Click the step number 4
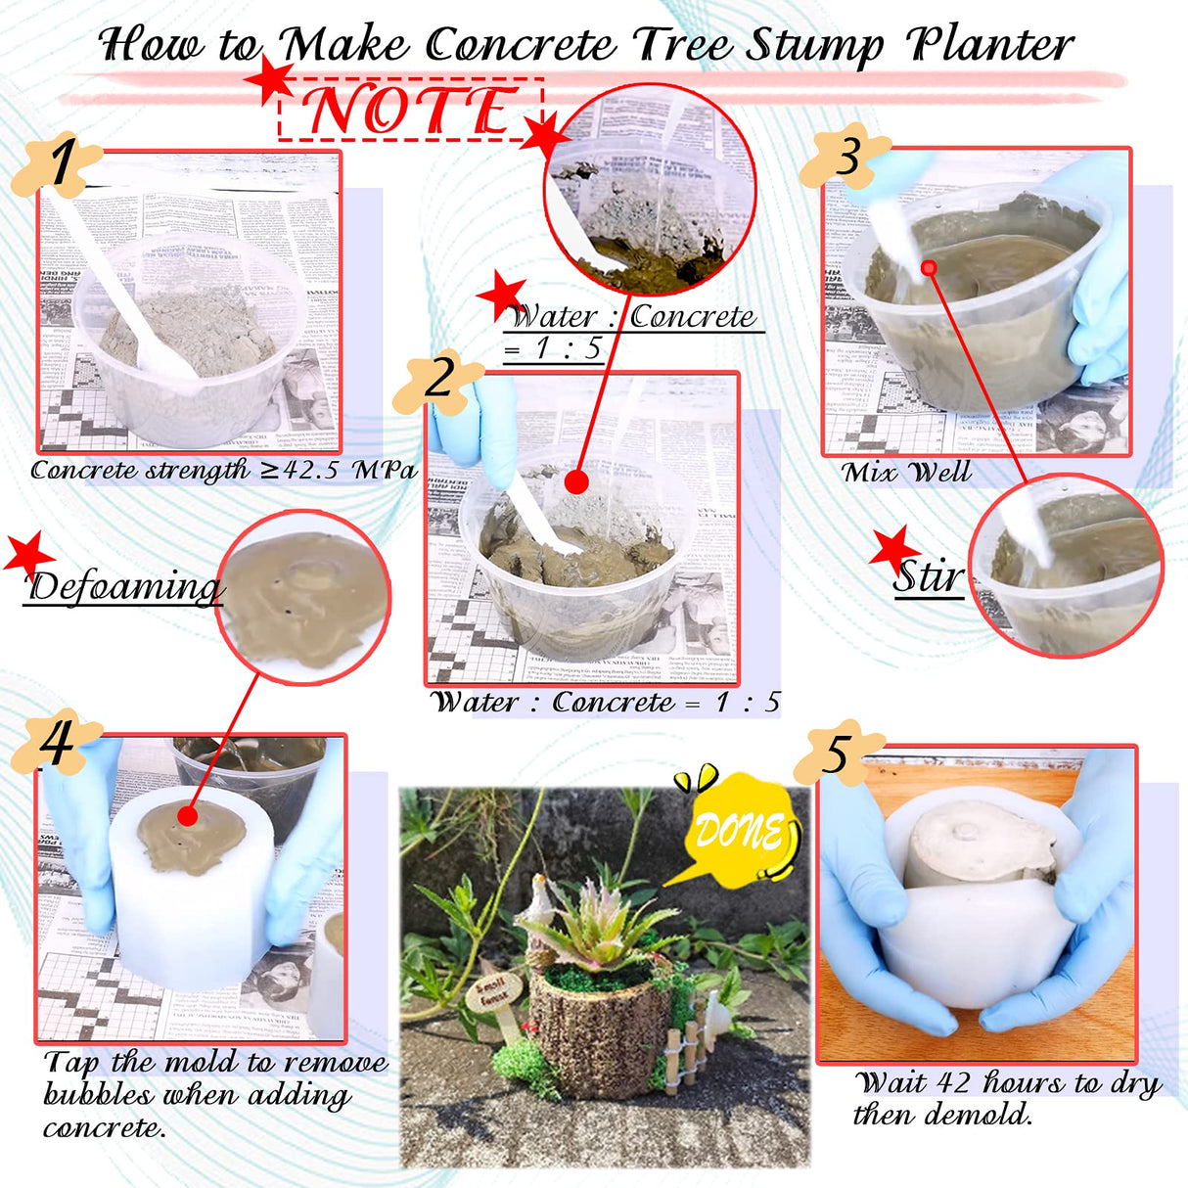[57, 744]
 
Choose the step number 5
[836, 754]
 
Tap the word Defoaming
[124, 587]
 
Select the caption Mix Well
[906, 473]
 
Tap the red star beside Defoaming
[27, 554]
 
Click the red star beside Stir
[893, 550]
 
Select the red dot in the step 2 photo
[576, 481]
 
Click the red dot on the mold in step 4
[188, 815]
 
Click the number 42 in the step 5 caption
[953, 1082]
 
